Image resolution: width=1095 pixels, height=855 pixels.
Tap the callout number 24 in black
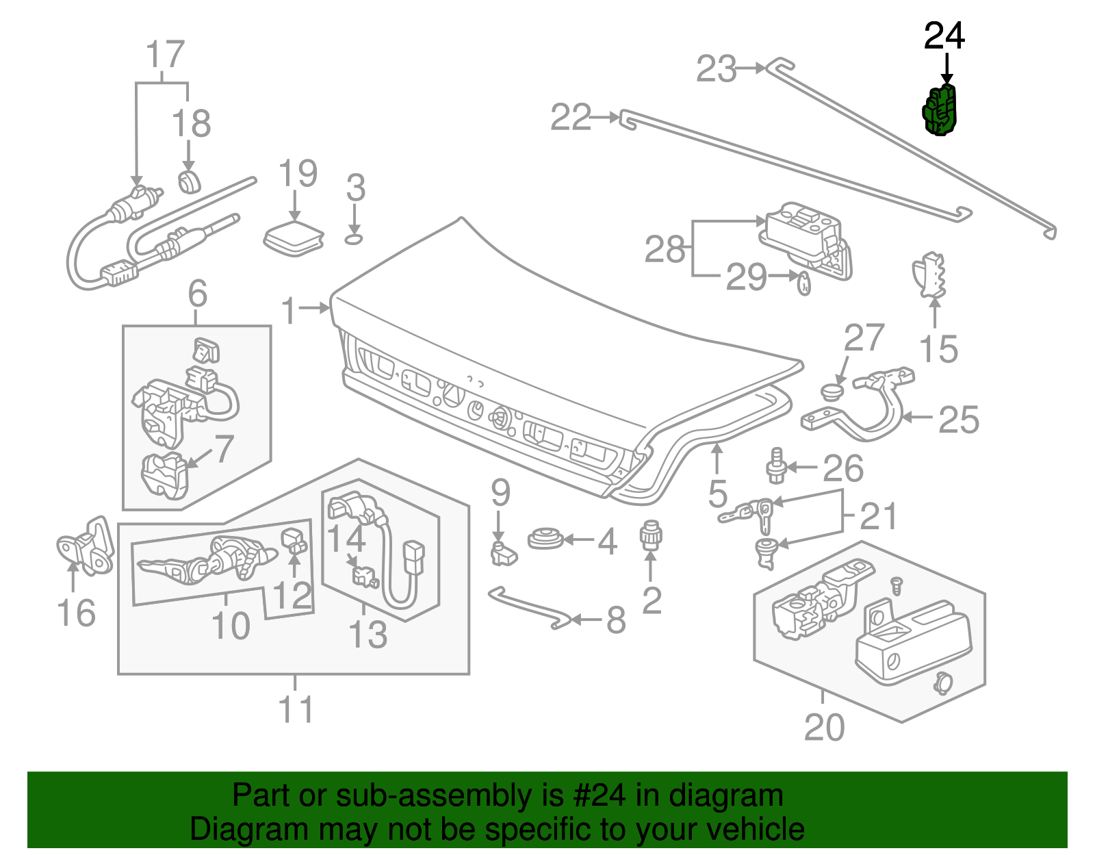(x=944, y=36)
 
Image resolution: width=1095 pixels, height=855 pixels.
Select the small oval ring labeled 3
(x=353, y=238)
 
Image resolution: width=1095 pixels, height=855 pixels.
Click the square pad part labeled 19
(x=294, y=238)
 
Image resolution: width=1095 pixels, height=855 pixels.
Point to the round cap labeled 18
(x=189, y=182)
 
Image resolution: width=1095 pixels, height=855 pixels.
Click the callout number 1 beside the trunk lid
(x=289, y=311)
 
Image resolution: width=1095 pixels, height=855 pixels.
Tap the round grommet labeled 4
(x=545, y=539)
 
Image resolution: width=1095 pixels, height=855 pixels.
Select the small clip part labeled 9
(x=503, y=553)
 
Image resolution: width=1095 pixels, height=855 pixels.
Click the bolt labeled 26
(x=775, y=466)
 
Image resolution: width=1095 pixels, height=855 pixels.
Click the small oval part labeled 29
(x=804, y=282)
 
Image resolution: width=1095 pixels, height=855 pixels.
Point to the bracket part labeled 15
(x=929, y=275)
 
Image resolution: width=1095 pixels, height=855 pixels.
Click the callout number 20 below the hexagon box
(x=824, y=727)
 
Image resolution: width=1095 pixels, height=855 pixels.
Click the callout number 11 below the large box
(x=296, y=709)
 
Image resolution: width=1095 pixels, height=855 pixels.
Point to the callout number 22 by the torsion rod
(x=571, y=117)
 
